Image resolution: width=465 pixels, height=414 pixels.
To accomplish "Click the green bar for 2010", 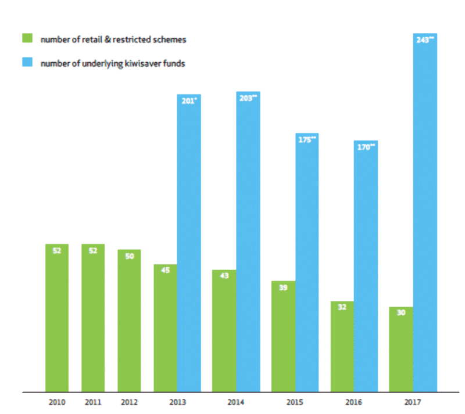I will [x=57, y=318].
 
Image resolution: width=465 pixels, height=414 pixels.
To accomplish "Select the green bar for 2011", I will [x=93, y=318].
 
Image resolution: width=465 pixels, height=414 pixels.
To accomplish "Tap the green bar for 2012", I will [x=129, y=321].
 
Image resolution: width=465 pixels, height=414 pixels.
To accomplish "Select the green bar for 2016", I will [x=342, y=347].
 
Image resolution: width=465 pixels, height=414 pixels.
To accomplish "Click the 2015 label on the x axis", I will [x=295, y=402].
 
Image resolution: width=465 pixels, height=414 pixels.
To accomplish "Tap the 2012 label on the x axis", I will [x=129, y=402].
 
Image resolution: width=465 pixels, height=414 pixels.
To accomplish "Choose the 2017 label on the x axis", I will [x=413, y=402].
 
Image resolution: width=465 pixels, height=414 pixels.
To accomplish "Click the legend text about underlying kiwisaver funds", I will [x=113, y=63].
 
